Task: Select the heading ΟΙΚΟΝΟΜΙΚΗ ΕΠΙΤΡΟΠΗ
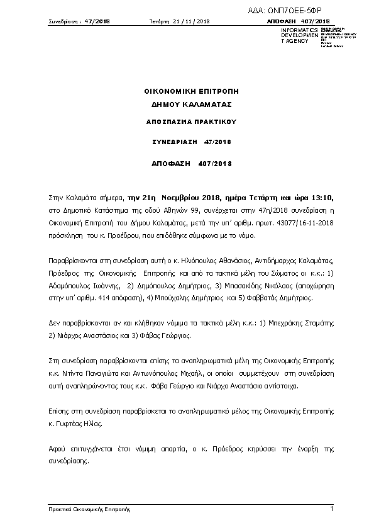pos(192,92)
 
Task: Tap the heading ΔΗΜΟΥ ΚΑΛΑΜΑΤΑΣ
pos(192,104)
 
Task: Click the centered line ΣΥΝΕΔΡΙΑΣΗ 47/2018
pos(192,142)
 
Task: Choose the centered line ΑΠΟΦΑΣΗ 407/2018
pos(192,164)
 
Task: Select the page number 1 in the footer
pos(331,508)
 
